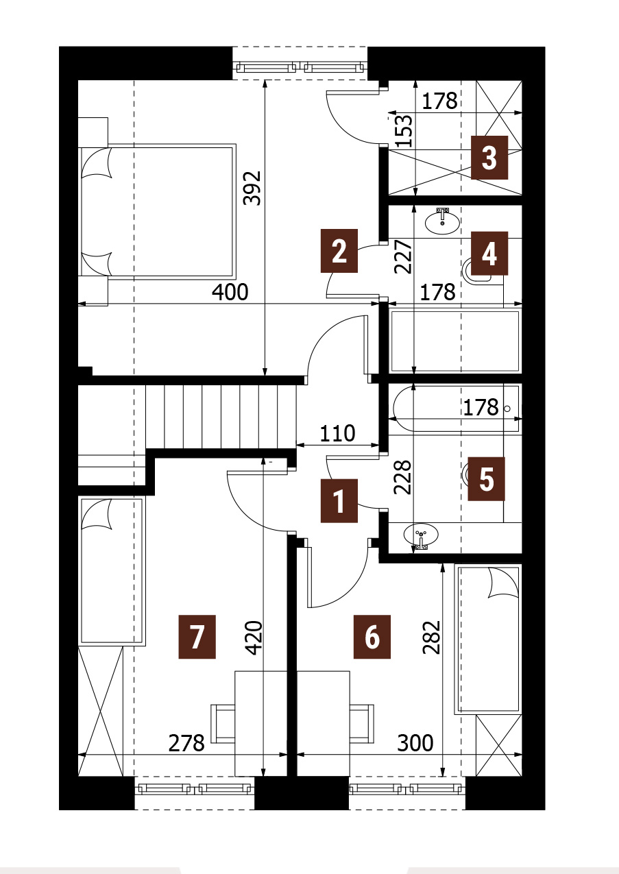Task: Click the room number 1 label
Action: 339,500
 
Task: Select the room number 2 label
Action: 339,251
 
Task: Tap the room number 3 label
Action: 489,158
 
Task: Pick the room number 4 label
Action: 489,254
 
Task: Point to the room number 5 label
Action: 486,479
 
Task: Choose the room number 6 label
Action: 372,637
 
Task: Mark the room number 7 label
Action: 197,637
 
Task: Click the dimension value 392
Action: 252,188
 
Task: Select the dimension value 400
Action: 230,292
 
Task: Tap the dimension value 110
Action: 337,433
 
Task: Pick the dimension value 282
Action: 431,637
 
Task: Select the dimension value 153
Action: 404,130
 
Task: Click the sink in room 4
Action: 442,222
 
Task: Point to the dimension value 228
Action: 403,478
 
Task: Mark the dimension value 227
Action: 403,256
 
